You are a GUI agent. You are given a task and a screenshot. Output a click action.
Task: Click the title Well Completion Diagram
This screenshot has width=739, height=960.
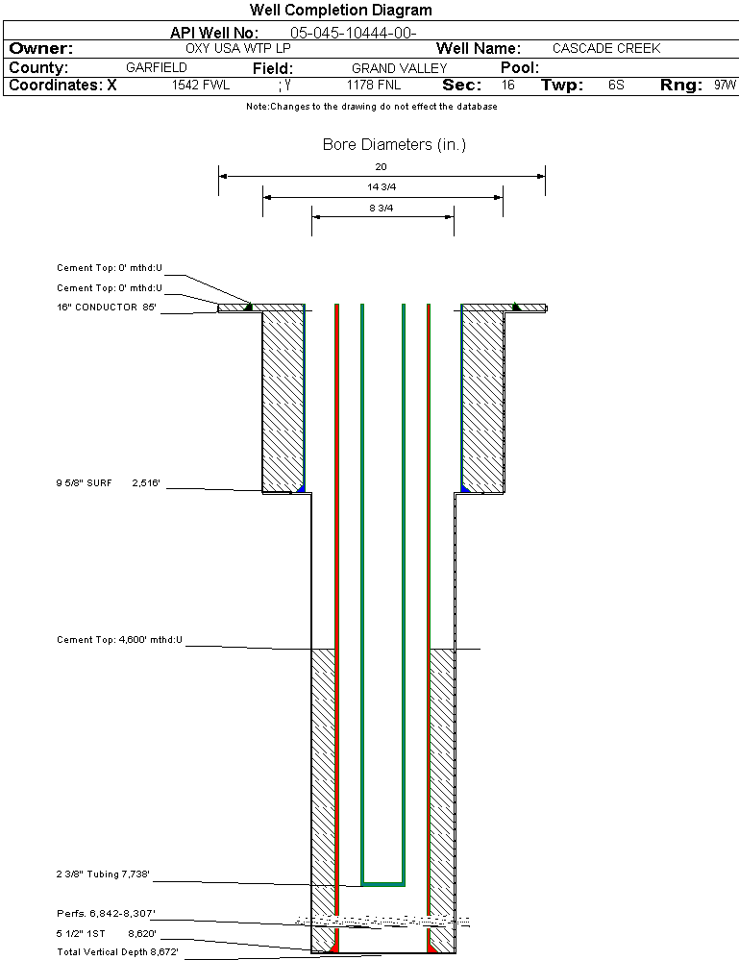[340, 10]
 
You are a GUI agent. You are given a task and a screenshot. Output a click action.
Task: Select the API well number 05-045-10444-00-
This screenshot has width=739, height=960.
[354, 33]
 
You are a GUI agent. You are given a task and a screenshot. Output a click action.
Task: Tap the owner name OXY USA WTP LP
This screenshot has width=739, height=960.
[238, 48]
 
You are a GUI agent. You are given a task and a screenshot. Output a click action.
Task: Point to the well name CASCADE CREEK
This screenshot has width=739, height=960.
[606, 48]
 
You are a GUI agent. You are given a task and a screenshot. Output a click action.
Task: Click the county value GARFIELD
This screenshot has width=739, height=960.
[156, 67]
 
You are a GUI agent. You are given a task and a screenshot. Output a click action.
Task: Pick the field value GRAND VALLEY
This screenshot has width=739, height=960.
[399, 68]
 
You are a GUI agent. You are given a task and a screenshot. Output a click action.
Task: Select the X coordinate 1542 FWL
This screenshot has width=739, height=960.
[200, 85]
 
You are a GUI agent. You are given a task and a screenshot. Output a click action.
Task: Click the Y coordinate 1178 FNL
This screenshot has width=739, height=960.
[374, 85]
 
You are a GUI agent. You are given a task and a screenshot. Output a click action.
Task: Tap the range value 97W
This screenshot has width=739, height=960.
[725, 85]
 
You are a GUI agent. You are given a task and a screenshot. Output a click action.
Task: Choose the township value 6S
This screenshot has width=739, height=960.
[616, 85]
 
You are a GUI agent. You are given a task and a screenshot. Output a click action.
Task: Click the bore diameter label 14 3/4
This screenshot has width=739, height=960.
[382, 186]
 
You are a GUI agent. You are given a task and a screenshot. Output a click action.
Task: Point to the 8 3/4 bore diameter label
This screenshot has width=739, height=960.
[381, 209]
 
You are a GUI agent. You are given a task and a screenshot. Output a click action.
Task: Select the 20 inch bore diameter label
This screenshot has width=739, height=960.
[381, 166]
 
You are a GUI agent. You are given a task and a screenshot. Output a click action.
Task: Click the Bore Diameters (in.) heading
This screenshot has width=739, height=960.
[394, 144]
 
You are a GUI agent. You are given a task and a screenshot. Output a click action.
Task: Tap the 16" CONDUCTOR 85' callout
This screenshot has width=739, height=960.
[107, 308]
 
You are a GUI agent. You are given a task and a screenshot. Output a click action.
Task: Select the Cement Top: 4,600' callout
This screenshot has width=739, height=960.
[119, 640]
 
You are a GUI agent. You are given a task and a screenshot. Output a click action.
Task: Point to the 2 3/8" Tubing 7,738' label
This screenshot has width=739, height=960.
[103, 874]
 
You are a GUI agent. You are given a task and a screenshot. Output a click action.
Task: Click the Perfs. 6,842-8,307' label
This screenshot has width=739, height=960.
[106, 914]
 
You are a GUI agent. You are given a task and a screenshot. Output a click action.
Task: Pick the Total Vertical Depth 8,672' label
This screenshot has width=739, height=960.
[117, 952]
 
